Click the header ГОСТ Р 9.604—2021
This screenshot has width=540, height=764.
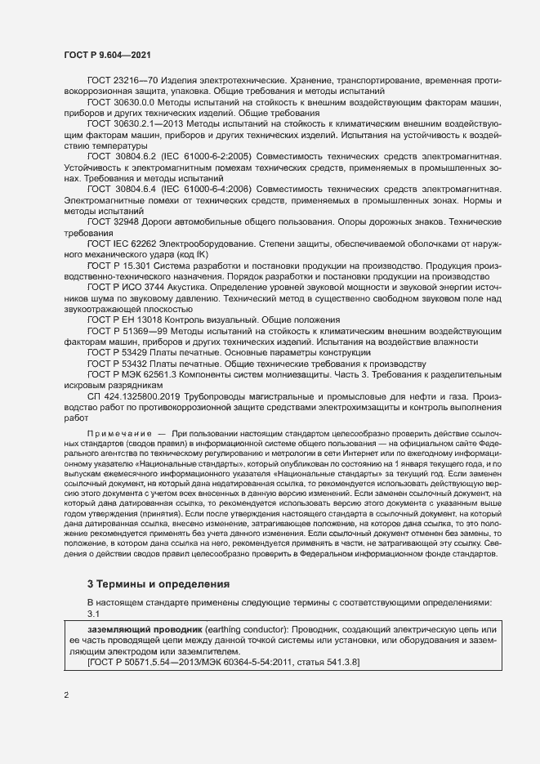point(106,54)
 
